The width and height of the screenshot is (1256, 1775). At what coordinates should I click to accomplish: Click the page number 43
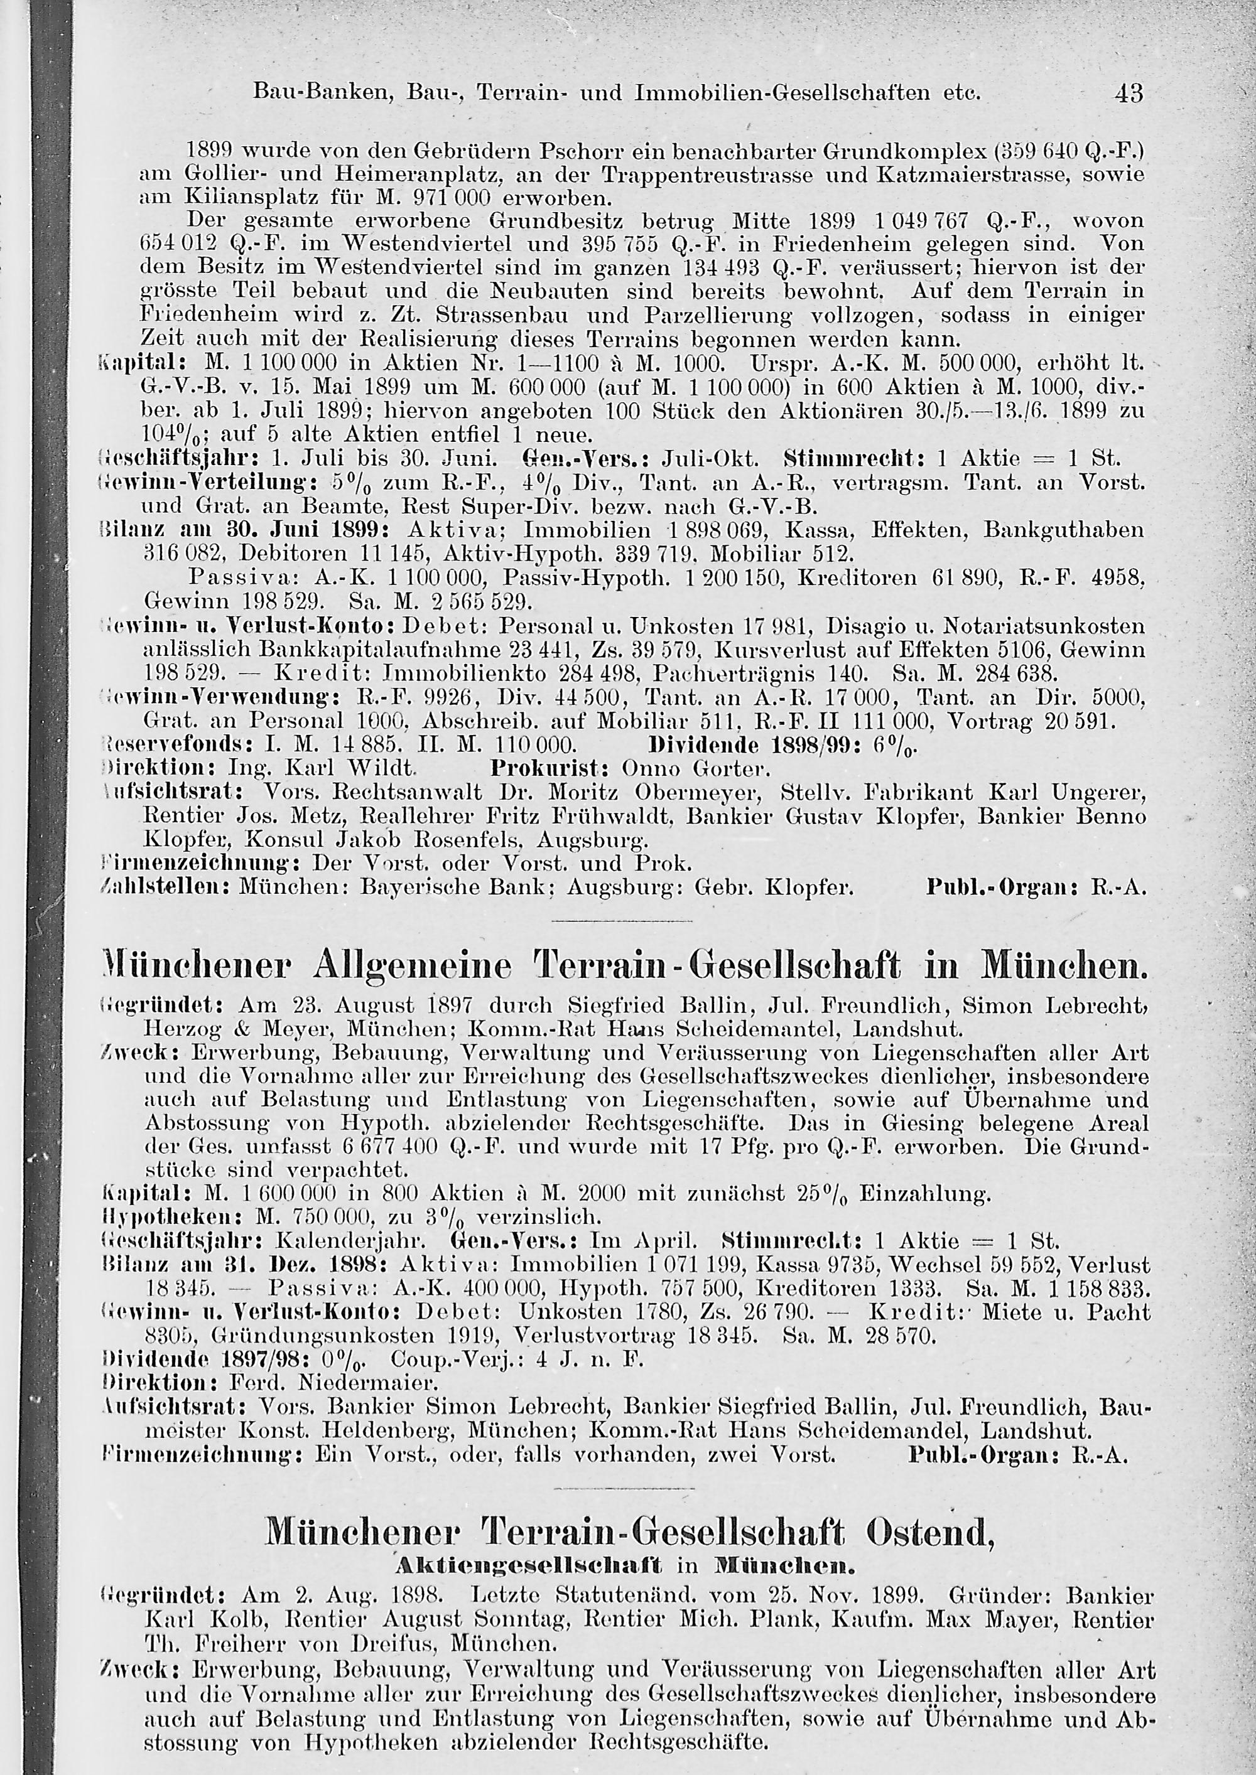coord(1128,94)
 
